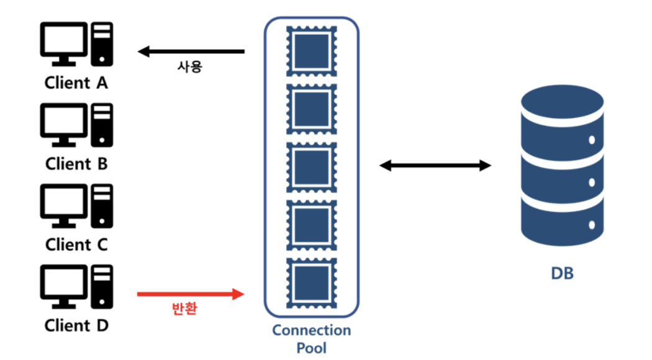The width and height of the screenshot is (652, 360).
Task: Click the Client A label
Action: click(x=76, y=83)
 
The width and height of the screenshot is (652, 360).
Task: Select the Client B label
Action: click(x=76, y=164)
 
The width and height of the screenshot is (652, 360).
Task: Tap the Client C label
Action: click(x=76, y=245)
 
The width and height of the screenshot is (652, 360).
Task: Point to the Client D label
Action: click(x=76, y=325)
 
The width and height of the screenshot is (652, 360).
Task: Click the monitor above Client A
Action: click(x=64, y=42)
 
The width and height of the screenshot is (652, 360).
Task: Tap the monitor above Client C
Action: click(x=64, y=204)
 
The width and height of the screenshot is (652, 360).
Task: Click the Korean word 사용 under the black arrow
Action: click(x=189, y=67)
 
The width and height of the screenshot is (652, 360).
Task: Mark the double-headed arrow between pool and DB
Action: click(x=435, y=165)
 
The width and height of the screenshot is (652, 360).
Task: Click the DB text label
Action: click(x=562, y=274)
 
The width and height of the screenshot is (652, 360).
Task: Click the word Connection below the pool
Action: click(x=311, y=330)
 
